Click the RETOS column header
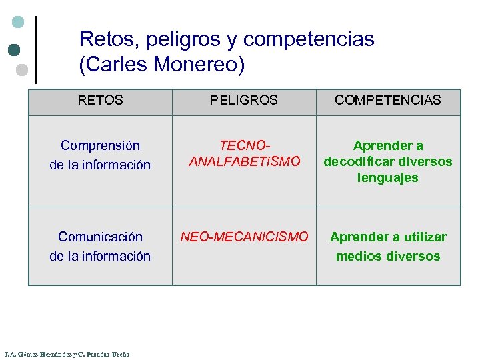[x=100, y=100]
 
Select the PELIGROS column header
[x=244, y=100]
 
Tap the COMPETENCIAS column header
[x=388, y=100]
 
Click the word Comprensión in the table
[x=100, y=145]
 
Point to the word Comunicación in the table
[x=100, y=237]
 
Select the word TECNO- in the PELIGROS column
[x=244, y=145]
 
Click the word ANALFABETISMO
[x=244, y=161]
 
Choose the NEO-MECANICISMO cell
[x=244, y=237]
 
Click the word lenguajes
[x=388, y=177]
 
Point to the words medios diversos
[x=388, y=256]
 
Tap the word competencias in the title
[x=309, y=40]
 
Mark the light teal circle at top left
[x=19, y=22]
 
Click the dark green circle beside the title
[x=14, y=49]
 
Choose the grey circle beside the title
[x=21, y=69]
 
